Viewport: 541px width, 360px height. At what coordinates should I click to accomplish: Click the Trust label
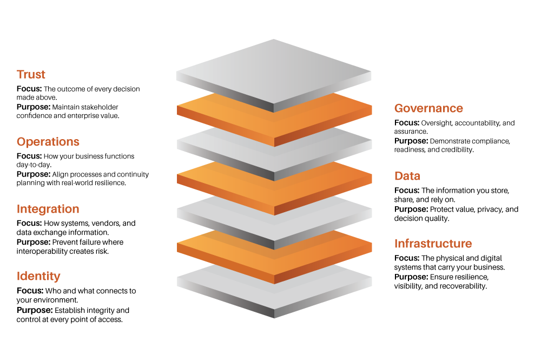point(31,75)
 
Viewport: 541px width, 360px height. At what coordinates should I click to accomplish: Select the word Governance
point(428,108)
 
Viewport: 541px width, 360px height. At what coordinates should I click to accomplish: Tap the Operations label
point(48,142)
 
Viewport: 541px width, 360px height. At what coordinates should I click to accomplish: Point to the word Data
point(407,176)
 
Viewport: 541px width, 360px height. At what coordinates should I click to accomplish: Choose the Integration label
point(48,209)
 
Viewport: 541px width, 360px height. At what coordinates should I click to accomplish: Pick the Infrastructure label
point(433,244)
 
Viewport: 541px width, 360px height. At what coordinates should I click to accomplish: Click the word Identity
point(38,276)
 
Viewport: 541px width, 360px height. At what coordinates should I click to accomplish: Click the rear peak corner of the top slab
point(274,40)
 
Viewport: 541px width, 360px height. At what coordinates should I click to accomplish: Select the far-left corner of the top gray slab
point(176,71)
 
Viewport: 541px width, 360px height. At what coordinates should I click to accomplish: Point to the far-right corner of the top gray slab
point(372,71)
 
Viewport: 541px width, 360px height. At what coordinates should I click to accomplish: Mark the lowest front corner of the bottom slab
point(274,317)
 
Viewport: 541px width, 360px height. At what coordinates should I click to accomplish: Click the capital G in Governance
point(399,108)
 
